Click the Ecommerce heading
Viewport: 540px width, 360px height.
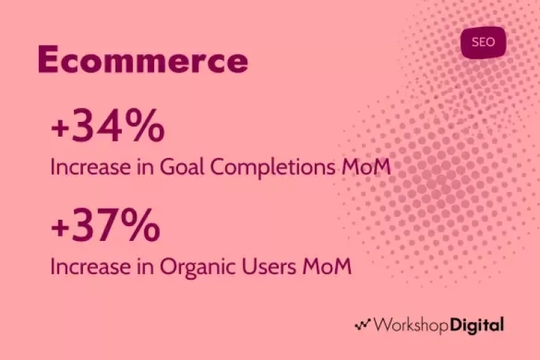point(143,59)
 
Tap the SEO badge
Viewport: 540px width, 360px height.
point(483,42)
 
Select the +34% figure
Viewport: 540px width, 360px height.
point(108,125)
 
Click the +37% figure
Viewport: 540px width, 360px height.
point(106,225)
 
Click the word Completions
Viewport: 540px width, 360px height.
point(272,168)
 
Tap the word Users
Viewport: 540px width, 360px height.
point(269,266)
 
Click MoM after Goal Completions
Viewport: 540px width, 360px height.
point(366,167)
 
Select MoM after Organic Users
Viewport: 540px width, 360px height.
point(327,266)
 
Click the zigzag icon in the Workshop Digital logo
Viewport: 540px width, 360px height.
point(363,325)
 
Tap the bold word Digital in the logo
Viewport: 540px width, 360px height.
point(477,325)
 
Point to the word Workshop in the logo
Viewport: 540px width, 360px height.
point(411,325)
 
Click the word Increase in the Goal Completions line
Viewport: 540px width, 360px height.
point(91,167)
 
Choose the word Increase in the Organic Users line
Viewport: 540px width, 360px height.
point(91,267)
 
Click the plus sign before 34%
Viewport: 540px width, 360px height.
point(59,129)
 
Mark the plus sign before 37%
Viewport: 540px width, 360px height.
point(59,229)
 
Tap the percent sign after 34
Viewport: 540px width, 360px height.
point(144,125)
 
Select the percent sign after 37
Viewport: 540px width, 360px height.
point(141,225)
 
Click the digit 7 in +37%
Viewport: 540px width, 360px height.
point(106,225)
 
